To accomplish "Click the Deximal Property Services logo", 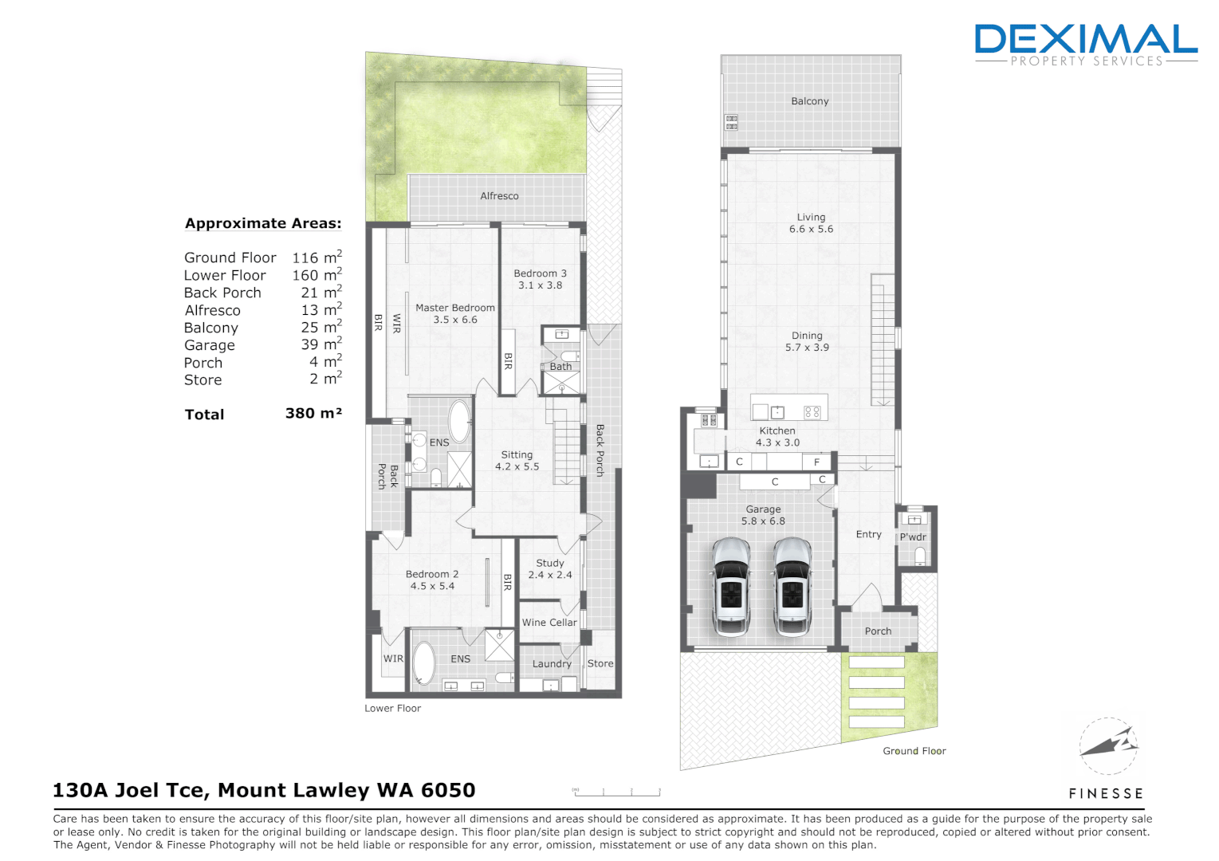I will click(x=1086, y=44).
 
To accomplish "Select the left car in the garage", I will click(x=731, y=587).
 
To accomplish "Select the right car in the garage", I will click(x=792, y=587).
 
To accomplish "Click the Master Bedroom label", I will click(x=454, y=308).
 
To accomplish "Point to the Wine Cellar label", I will click(x=549, y=623).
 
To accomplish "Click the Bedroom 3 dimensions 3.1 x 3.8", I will click(x=540, y=285).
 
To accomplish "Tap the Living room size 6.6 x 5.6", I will click(x=811, y=230).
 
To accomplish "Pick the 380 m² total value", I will click(x=313, y=414).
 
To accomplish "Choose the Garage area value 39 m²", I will click(x=320, y=344).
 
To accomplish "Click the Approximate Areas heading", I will click(x=263, y=224).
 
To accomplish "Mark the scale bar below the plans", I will click(x=616, y=792).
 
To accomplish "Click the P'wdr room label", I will click(x=913, y=537).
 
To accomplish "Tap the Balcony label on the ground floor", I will click(x=810, y=101).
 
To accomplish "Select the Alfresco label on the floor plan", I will click(x=499, y=196).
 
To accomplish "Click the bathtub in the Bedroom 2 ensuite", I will click(x=423, y=662).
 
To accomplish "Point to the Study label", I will click(x=550, y=563).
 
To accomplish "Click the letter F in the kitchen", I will click(x=816, y=462).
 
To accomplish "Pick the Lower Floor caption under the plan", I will click(x=392, y=708).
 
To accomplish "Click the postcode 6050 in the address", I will click(x=447, y=790).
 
